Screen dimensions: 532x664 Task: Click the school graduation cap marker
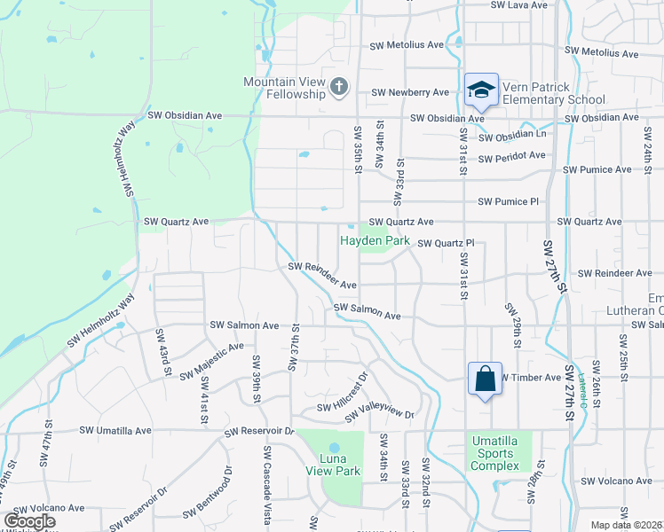click(x=481, y=90)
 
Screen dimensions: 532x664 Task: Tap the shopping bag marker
click(x=485, y=379)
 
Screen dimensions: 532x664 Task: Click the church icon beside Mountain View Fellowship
click(x=338, y=87)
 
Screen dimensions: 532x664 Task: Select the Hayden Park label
click(x=374, y=240)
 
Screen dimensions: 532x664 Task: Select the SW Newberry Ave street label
click(x=410, y=92)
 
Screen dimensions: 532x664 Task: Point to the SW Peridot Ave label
click(x=511, y=156)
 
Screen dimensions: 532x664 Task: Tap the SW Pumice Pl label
click(x=508, y=202)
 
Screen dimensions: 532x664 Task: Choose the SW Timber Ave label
click(x=533, y=378)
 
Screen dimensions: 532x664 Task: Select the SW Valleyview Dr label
click(x=380, y=414)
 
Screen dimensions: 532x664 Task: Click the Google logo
click(x=29, y=521)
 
